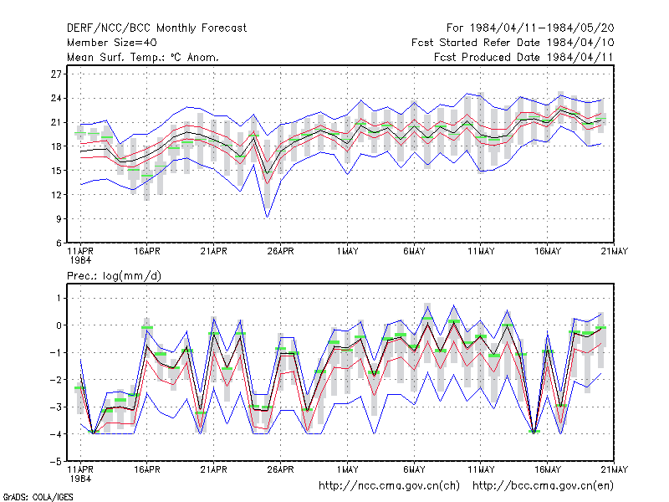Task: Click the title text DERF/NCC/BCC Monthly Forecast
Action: pyautogui.click(x=156, y=28)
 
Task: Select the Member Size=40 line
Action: pyautogui.click(x=112, y=43)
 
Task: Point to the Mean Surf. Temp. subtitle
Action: pyautogui.click(x=143, y=57)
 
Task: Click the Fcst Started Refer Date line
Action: pyautogui.click(x=513, y=43)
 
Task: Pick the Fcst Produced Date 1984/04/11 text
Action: pyautogui.click(x=523, y=57)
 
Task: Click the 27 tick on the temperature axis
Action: pyautogui.click(x=56, y=74)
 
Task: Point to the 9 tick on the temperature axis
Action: pyautogui.click(x=59, y=219)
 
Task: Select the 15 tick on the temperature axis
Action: pyautogui.click(x=56, y=171)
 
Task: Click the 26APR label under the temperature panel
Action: pyautogui.click(x=280, y=252)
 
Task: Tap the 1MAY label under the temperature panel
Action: pyautogui.click(x=347, y=252)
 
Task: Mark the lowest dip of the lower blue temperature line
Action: pyautogui.click(x=267, y=218)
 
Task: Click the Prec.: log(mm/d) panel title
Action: pyautogui.click(x=114, y=276)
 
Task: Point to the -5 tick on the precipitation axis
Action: pyautogui.click(x=56, y=462)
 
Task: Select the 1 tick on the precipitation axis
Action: pyautogui.click(x=59, y=298)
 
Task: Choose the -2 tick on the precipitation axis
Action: pyautogui.click(x=56, y=380)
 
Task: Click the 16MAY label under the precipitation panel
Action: pyautogui.click(x=548, y=469)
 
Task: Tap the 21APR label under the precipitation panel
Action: pyautogui.click(x=213, y=469)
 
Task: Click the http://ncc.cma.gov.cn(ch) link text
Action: pyautogui.click(x=389, y=486)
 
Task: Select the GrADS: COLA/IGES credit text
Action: pyautogui.click(x=38, y=497)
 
